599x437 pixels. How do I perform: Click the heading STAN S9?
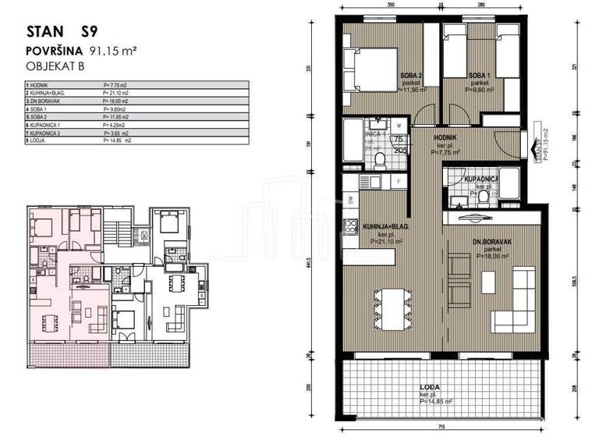[x=66, y=34]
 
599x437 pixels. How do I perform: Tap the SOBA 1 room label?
[x=478, y=76]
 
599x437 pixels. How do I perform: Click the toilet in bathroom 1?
[x=380, y=161]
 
